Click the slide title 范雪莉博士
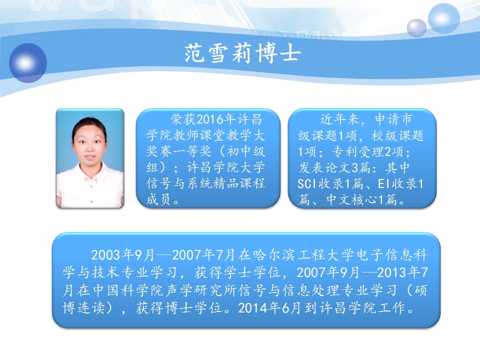point(242,53)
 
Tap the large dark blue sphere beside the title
point(28,63)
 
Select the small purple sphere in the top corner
point(416,28)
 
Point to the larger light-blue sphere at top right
point(443,18)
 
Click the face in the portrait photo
point(89,144)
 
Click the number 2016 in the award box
point(209,119)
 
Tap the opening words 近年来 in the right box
point(340,119)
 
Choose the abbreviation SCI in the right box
point(306,184)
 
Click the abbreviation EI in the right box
point(384,184)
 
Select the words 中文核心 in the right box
point(352,200)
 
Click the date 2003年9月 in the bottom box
point(122,255)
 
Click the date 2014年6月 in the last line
point(269,308)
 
